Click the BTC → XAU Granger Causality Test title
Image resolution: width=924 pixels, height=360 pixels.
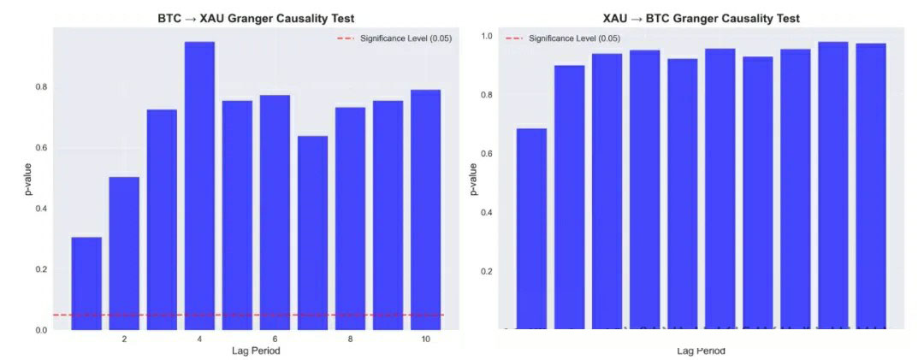tap(256, 18)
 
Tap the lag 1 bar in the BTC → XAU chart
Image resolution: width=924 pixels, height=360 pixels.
tap(86, 283)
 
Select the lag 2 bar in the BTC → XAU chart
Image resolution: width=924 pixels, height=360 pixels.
tap(124, 253)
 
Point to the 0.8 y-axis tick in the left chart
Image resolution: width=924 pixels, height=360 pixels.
tap(41, 87)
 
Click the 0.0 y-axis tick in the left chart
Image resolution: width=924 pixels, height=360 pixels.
tap(41, 330)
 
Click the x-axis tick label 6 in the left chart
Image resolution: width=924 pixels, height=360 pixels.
tap(275, 339)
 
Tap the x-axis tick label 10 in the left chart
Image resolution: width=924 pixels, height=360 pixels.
tap(425, 339)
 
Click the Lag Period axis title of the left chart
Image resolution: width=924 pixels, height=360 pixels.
tap(256, 351)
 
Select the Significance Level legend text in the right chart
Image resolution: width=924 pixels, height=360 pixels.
tap(574, 38)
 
